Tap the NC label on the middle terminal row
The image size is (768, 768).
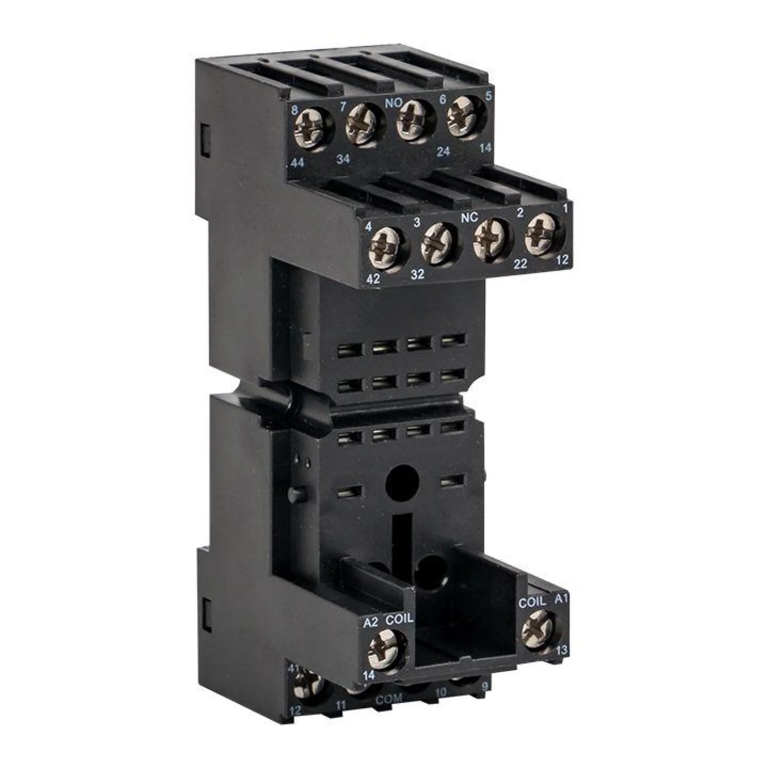pos(469,218)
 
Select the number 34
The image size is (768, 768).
pos(343,159)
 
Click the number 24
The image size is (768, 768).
pos(443,152)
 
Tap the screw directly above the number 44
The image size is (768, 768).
pos(309,130)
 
